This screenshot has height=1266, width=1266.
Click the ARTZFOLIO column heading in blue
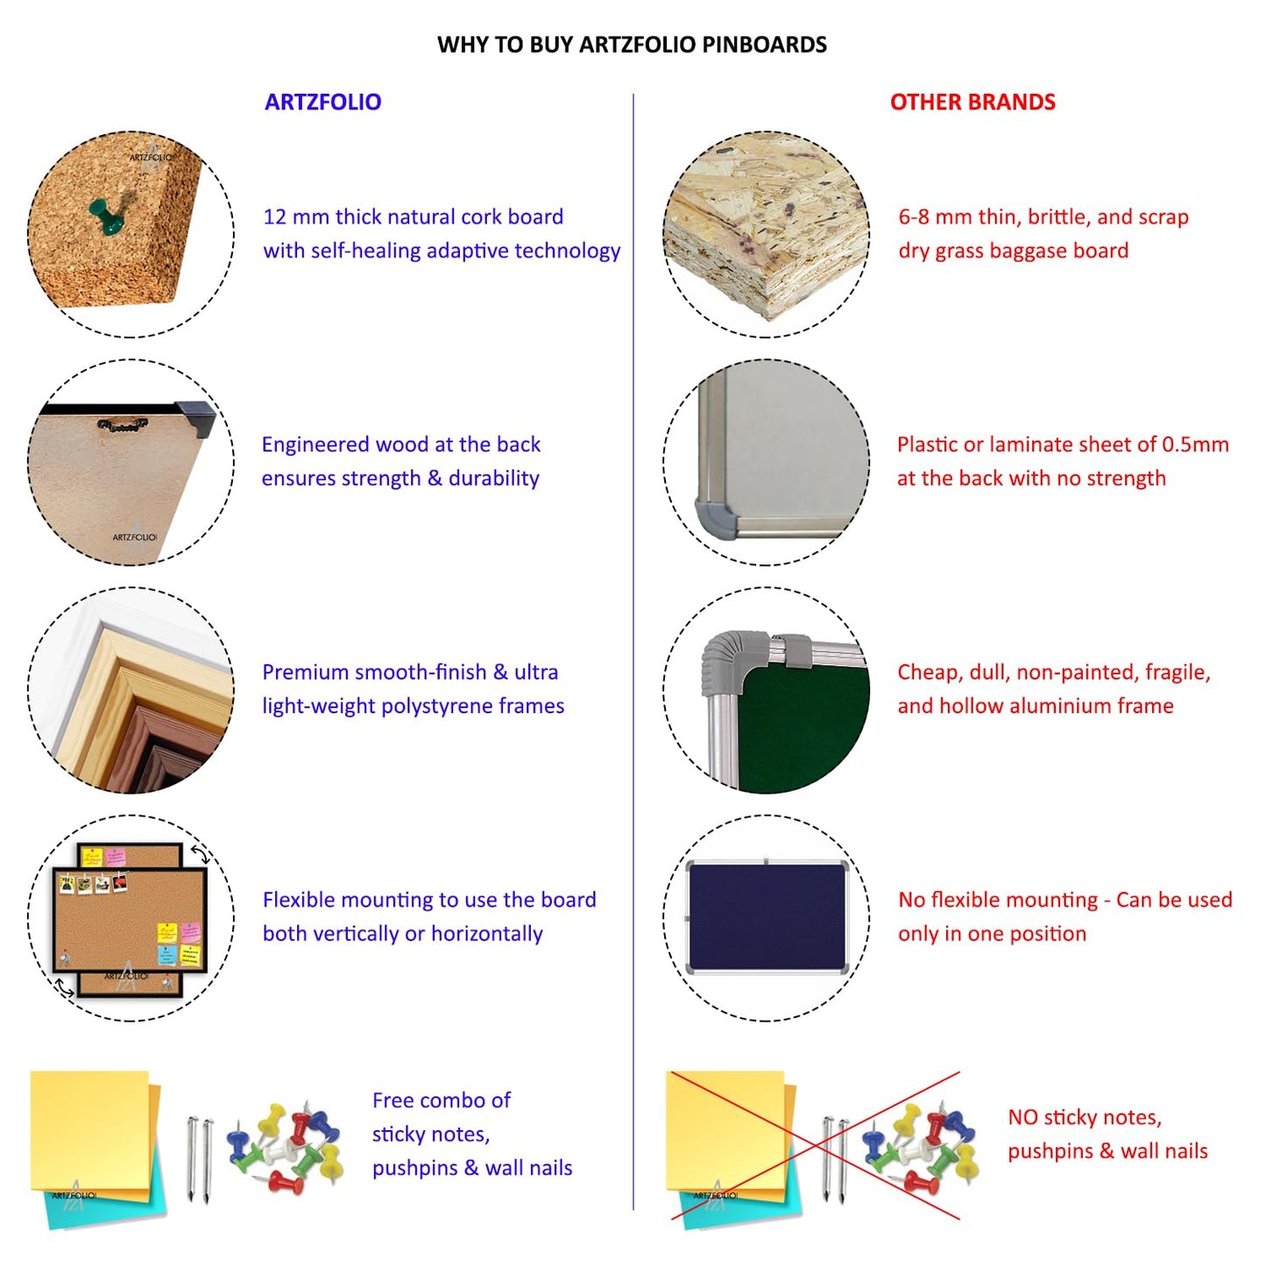coord(322,102)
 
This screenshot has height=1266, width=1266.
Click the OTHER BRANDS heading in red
coord(972,102)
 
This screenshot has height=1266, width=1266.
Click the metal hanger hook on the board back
coord(122,425)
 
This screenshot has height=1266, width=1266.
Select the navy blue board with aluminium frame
coord(767,916)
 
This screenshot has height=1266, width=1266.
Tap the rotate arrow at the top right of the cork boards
coord(201,854)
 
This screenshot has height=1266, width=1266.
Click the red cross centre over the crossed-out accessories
coord(816,1145)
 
